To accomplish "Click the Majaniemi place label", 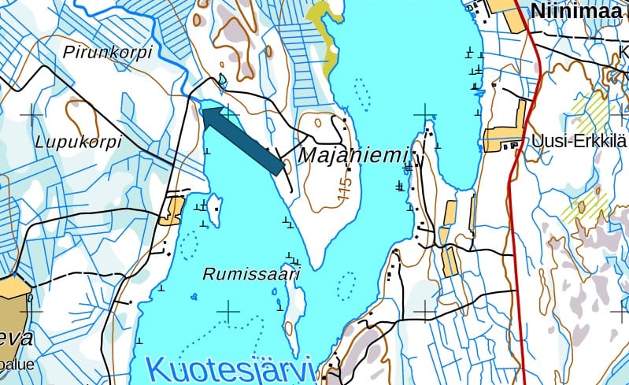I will [354, 155].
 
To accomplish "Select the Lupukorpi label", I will [79, 142].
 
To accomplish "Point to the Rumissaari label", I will [252, 274].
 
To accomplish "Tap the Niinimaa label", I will [579, 11].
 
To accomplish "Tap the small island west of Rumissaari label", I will [213, 210].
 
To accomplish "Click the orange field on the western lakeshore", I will [171, 210].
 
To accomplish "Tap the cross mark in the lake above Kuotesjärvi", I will [228, 312].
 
